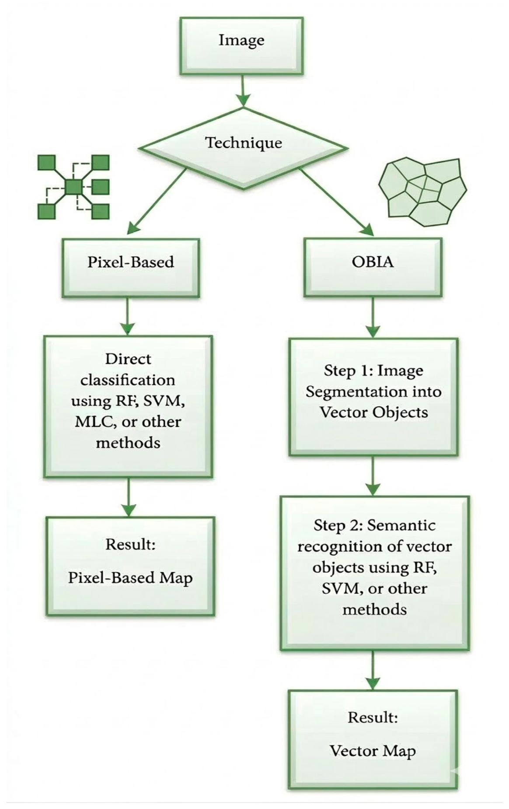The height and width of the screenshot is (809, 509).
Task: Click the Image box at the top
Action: (241, 46)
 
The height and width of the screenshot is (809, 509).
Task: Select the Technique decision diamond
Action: (244, 148)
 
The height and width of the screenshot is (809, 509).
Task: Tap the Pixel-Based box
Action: (130, 268)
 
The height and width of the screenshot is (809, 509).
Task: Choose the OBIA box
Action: (373, 267)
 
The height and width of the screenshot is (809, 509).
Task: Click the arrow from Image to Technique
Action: (243, 91)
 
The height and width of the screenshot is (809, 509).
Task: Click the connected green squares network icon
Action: (73, 187)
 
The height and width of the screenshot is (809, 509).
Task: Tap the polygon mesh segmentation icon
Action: (422, 192)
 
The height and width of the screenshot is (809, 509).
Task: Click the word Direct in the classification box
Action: (128, 359)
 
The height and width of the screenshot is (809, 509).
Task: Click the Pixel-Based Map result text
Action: (130, 578)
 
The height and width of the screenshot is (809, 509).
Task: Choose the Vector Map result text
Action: (373, 751)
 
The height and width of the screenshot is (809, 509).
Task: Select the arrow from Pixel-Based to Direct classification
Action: (127, 317)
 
